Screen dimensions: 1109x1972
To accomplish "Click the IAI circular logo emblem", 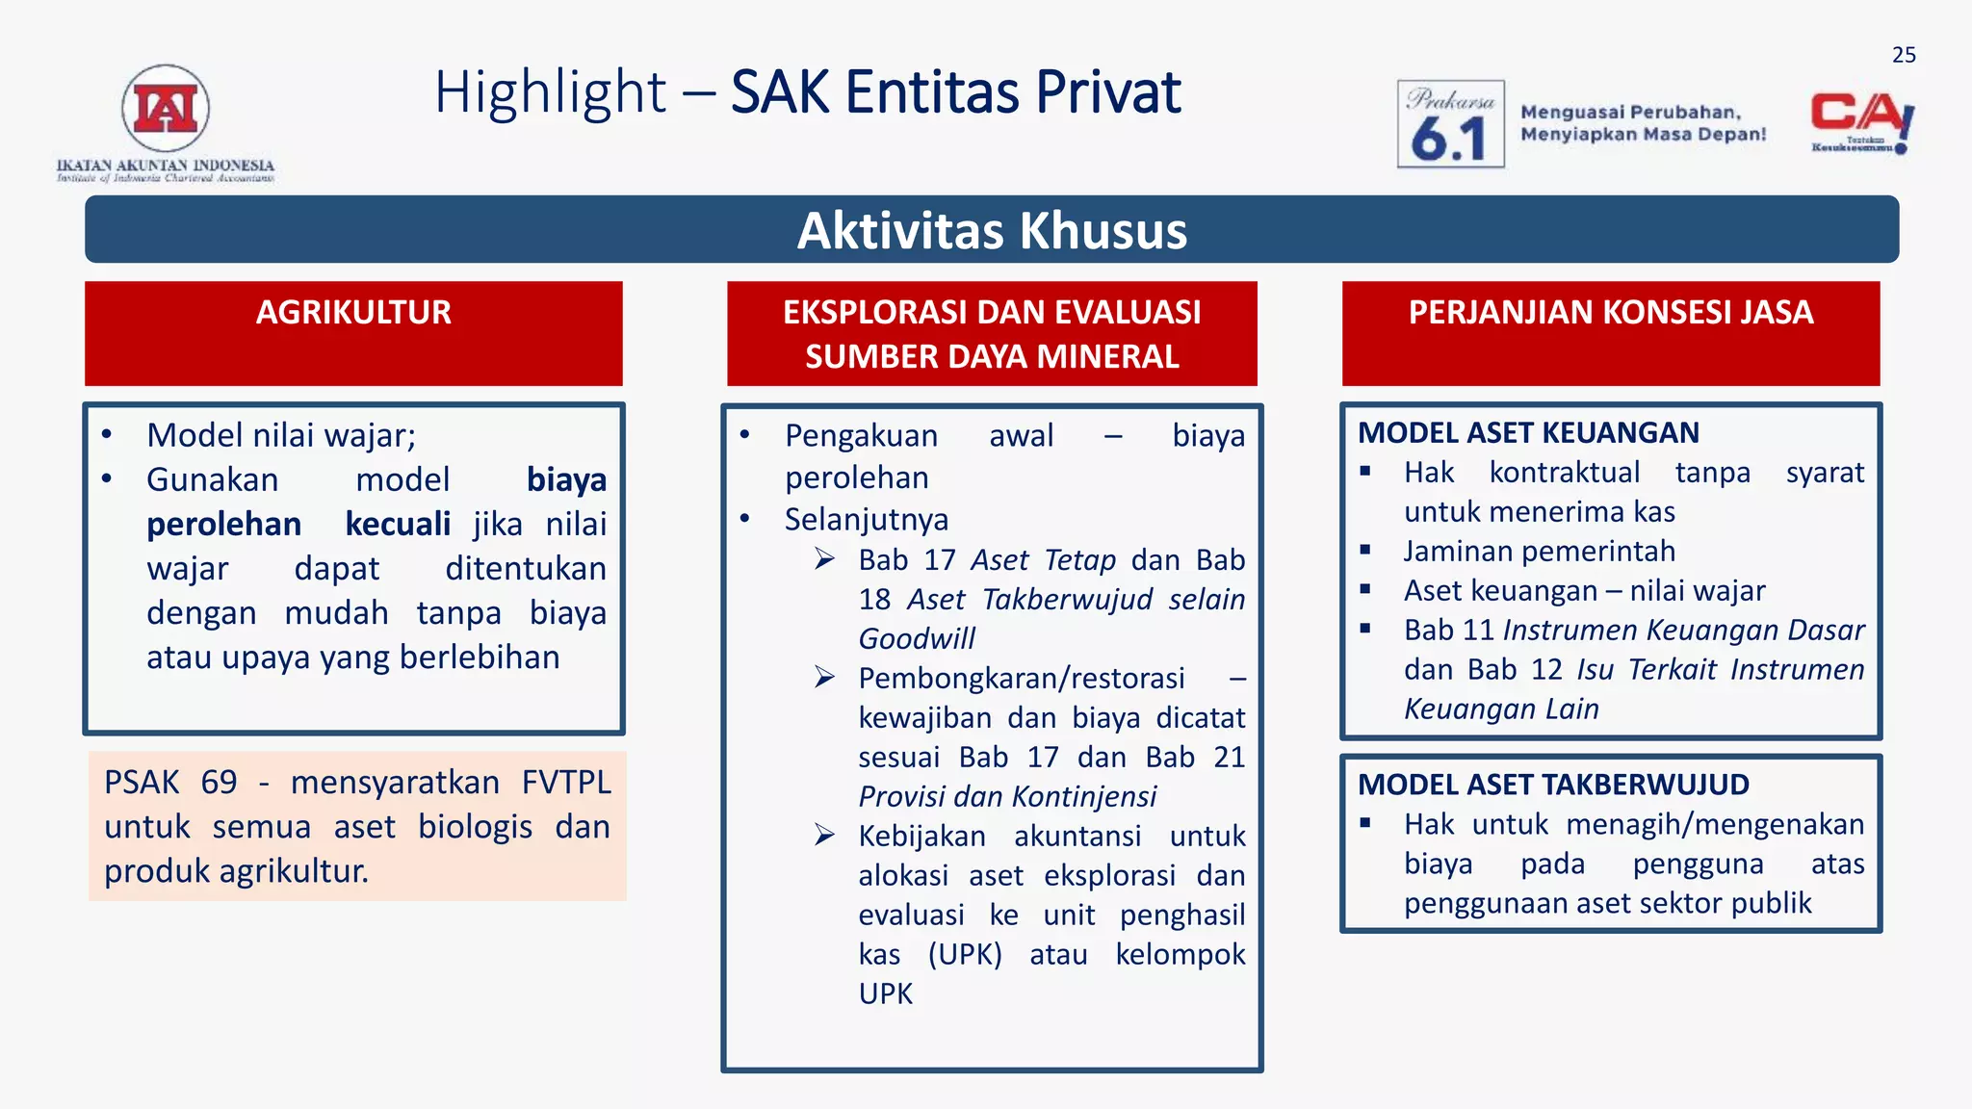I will click(166, 108).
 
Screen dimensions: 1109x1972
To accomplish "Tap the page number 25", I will click(1903, 55).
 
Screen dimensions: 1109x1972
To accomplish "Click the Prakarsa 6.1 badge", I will click(1450, 124).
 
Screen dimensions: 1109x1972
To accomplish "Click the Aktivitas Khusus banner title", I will click(992, 231).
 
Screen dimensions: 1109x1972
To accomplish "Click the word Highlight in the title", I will click(550, 93).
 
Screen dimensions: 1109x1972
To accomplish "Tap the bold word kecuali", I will click(398, 525).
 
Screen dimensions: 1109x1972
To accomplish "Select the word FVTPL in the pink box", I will click(566, 782).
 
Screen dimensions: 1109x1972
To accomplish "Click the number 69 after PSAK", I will click(219, 782).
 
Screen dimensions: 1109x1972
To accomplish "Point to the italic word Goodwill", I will click(917, 638).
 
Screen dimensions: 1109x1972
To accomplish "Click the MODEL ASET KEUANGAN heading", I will click(1528, 433).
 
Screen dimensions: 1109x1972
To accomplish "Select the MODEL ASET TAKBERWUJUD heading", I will click(1553, 785).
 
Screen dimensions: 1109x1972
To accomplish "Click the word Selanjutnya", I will click(866, 520).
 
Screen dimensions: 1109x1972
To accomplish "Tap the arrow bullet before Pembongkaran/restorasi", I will click(824, 678).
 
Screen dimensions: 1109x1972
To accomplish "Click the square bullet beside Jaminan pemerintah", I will click(1364, 551).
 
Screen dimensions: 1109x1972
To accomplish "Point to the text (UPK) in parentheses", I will click(965, 955).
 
